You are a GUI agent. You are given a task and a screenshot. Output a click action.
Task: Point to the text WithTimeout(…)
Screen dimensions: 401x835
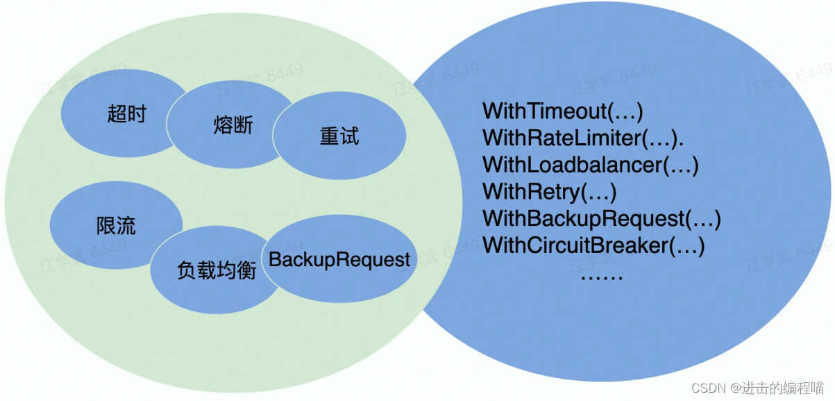coord(563,111)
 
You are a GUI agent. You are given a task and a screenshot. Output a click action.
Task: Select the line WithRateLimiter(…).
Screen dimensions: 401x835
coord(583,138)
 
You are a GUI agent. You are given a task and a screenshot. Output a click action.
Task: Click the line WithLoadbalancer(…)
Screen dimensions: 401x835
coord(590,165)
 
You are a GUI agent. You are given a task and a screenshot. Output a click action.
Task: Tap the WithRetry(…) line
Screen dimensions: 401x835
coord(550,192)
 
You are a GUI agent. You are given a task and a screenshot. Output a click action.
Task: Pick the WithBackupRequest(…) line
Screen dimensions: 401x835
coord(602,219)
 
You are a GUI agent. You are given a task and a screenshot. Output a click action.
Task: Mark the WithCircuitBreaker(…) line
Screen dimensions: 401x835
coord(593,245)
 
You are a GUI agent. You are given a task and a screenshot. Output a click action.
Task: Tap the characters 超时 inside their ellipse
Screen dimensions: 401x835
coord(127,113)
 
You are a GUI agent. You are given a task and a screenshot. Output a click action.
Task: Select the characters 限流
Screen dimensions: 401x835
coord(116,225)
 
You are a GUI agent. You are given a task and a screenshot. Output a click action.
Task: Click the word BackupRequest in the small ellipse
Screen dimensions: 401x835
coord(339,260)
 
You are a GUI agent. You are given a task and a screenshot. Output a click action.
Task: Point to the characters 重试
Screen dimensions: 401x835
coord(339,136)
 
